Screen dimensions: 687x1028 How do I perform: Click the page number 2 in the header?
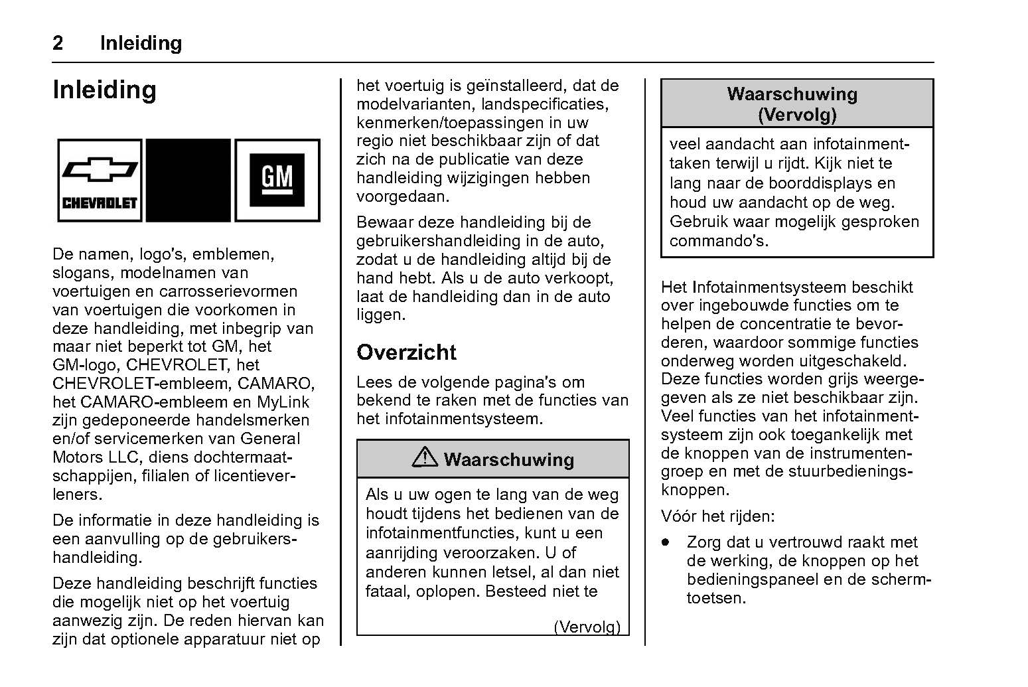pyautogui.click(x=58, y=43)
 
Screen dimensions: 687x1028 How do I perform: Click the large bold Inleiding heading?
pyautogui.click(x=104, y=90)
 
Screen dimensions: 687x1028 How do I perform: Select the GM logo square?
pyautogui.click(x=277, y=180)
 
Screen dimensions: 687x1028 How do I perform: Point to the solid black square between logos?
pyautogui.click(x=188, y=180)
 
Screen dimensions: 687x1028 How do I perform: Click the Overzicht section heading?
pyautogui.click(x=406, y=352)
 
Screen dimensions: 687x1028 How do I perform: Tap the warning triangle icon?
pyautogui.click(x=424, y=457)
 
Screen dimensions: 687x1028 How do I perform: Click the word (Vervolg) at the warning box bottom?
pyautogui.click(x=587, y=627)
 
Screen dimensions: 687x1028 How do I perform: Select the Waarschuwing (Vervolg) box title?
pyautogui.click(x=796, y=104)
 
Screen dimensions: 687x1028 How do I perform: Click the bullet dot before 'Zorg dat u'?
pyautogui.click(x=665, y=542)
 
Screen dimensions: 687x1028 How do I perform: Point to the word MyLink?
pyautogui.click(x=283, y=402)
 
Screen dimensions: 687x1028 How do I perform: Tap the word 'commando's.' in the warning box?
pyautogui.click(x=719, y=240)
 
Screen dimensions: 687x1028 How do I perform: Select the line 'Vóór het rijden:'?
pyautogui.click(x=717, y=516)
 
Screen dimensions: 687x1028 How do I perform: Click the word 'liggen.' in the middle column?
pyautogui.click(x=381, y=315)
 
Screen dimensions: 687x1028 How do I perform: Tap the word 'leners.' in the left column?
pyautogui.click(x=77, y=495)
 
